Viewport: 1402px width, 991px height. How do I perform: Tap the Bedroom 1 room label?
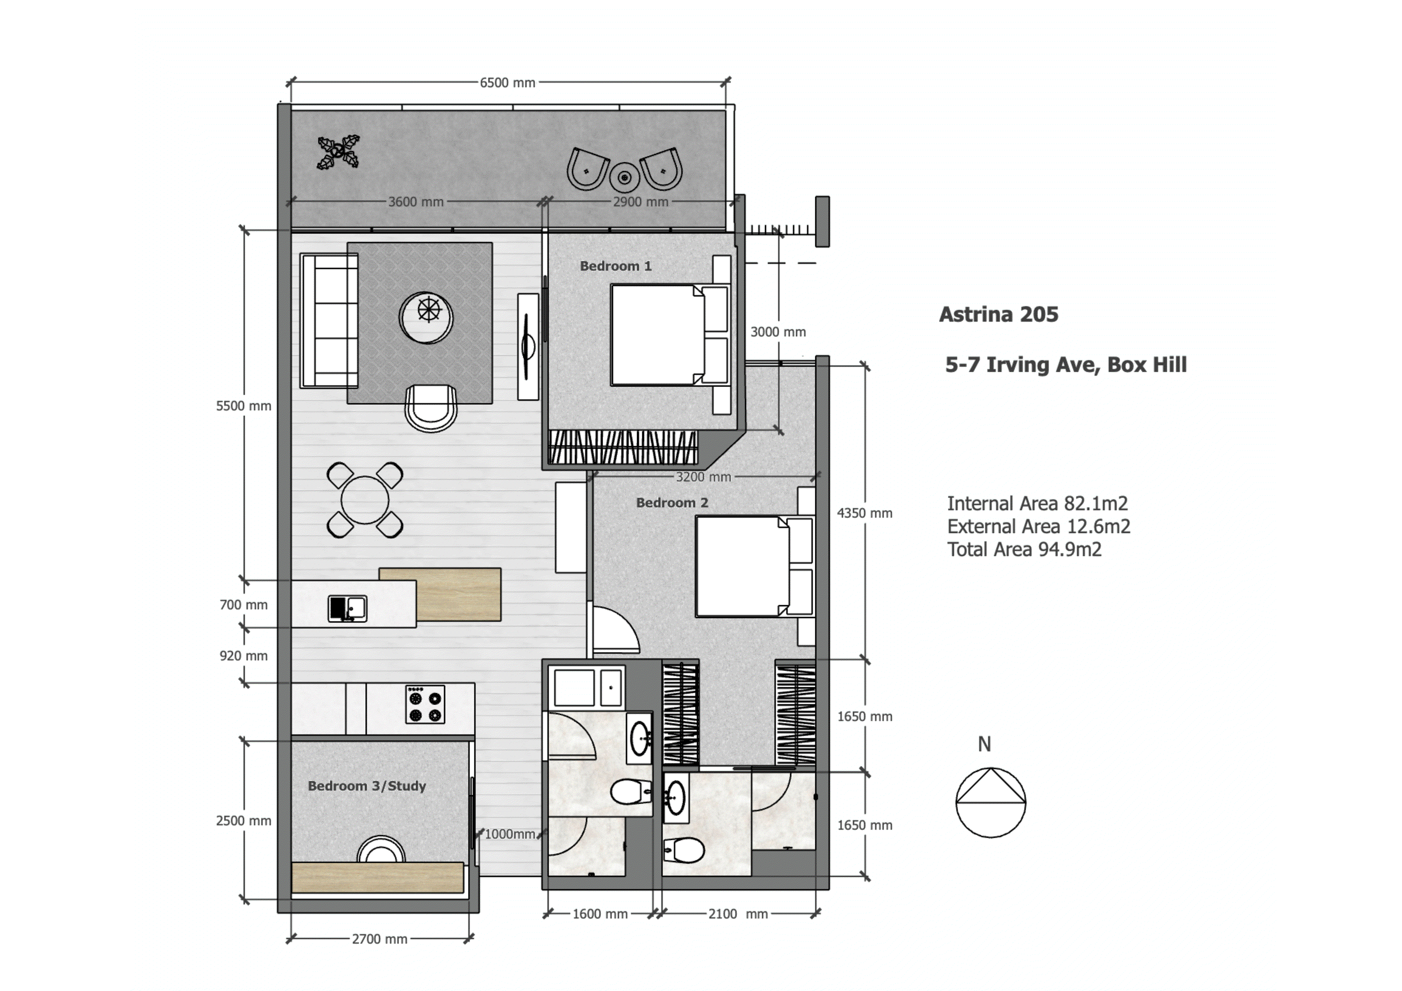point(615,266)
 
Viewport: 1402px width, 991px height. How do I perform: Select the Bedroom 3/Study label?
point(366,786)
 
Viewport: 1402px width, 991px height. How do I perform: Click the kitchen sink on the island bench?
point(347,608)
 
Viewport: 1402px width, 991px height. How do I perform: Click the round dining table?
point(364,500)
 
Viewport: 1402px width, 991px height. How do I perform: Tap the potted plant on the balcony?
point(338,152)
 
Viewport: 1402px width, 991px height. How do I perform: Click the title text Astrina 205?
point(998,315)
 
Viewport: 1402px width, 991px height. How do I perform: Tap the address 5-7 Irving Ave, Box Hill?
point(1065,365)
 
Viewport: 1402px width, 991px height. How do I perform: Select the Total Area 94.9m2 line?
point(1024,550)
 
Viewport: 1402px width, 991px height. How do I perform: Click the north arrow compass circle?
point(990,802)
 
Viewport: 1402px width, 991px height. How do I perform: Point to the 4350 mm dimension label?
point(864,513)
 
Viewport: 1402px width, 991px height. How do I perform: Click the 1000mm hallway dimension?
point(510,834)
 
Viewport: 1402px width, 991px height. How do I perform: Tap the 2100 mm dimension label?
point(738,914)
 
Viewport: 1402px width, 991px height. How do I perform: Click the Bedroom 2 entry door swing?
point(614,632)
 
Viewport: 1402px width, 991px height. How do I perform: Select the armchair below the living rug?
point(431,408)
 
